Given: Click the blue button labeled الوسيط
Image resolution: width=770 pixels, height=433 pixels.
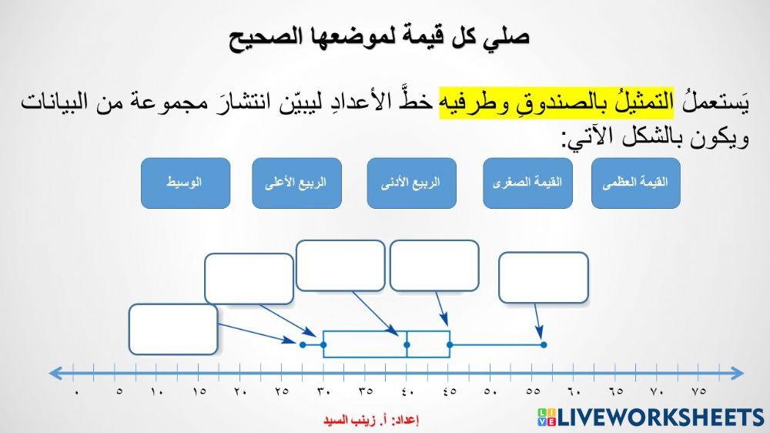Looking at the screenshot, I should [x=185, y=183].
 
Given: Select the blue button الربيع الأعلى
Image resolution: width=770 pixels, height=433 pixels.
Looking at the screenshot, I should [x=296, y=183].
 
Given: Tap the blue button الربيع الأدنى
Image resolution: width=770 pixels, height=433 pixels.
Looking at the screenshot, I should [x=412, y=183].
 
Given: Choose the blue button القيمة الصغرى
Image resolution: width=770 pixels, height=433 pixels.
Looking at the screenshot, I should [x=527, y=183].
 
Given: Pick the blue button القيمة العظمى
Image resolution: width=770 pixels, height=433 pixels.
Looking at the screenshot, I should [x=636, y=183].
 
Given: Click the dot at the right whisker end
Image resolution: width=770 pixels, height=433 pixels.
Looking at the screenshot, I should [x=543, y=344].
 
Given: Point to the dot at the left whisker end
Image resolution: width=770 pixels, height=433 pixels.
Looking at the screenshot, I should [x=303, y=344].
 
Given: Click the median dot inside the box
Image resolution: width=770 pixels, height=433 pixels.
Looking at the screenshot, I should [x=407, y=344].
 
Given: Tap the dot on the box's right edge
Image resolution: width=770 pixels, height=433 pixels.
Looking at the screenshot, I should [x=450, y=344].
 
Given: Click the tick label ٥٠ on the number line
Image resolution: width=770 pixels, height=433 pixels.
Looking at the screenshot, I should [x=490, y=391].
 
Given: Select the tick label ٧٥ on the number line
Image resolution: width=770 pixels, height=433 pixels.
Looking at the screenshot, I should [x=698, y=391].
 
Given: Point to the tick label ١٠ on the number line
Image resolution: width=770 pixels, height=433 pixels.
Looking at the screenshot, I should [x=158, y=391].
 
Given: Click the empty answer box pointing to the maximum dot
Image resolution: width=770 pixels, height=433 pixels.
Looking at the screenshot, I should [x=544, y=277].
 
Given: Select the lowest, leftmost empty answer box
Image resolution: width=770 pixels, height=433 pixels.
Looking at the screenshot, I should [x=173, y=329].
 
